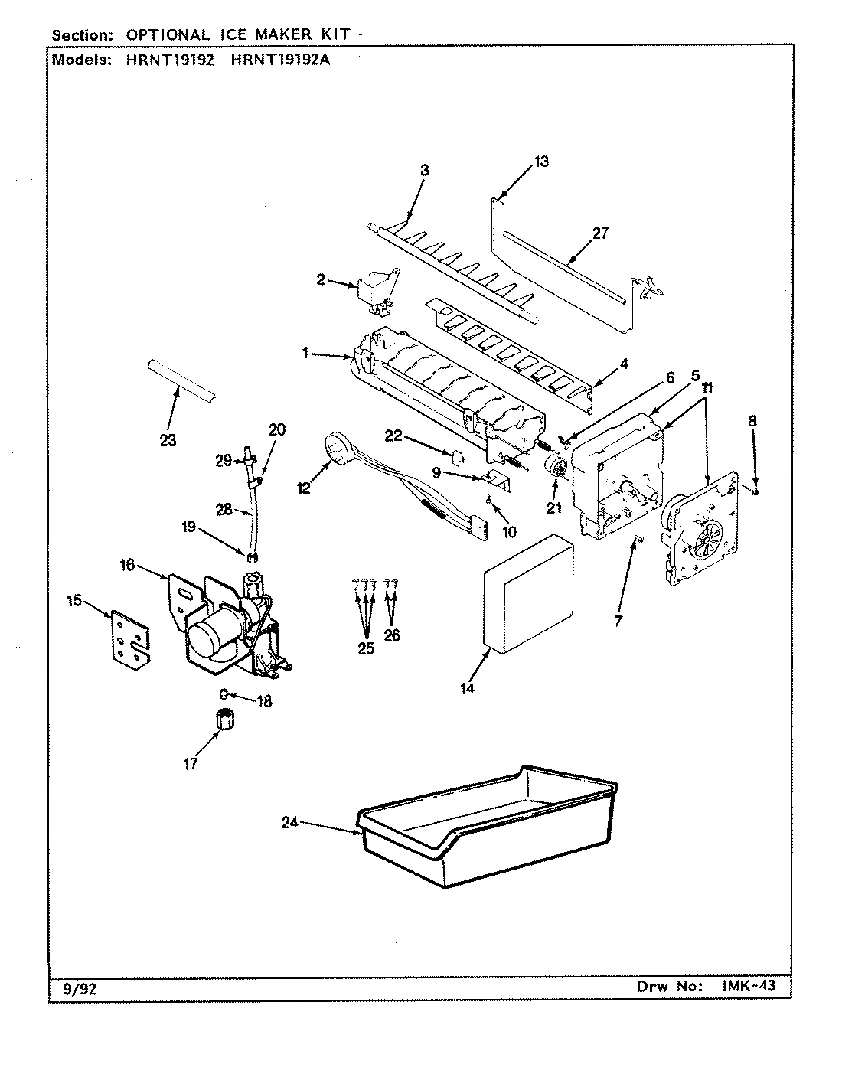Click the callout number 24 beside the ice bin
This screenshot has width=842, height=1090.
point(289,824)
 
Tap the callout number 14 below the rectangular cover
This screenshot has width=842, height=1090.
point(468,689)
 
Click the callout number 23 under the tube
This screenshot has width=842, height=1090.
point(168,440)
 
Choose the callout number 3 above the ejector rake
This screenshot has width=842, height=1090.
point(424,170)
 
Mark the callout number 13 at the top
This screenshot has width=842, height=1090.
point(541,162)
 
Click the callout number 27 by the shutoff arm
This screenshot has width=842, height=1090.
point(600,233)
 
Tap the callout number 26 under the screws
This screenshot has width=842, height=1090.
point(392,635)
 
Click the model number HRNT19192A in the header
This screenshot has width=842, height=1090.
point(280,60)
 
